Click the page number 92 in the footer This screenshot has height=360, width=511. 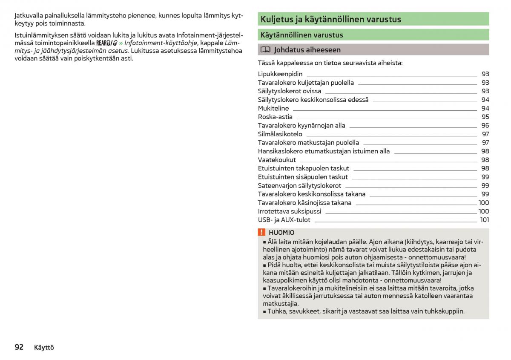19,347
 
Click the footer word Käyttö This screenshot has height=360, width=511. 44,348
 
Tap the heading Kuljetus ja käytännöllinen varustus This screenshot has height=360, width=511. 330,19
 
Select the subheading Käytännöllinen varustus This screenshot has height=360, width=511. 301,35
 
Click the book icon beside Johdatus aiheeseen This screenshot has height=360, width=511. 265,50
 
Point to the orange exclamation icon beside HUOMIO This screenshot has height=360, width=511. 261,232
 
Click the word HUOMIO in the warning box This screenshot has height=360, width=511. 281,233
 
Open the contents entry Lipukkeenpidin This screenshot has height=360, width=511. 280,74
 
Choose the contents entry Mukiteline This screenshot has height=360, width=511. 273,108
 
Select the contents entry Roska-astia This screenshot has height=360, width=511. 275,117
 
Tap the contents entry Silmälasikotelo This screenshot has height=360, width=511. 280,134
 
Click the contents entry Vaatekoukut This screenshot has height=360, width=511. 277,160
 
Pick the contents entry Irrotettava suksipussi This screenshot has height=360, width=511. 290,211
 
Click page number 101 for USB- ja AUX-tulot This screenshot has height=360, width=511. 484,220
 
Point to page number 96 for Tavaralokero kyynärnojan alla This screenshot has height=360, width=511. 485,125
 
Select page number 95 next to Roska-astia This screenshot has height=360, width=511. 485,117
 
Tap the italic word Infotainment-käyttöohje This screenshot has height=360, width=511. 161,43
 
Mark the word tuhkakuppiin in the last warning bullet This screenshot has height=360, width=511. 443,311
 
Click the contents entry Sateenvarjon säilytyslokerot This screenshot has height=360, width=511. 299,185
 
